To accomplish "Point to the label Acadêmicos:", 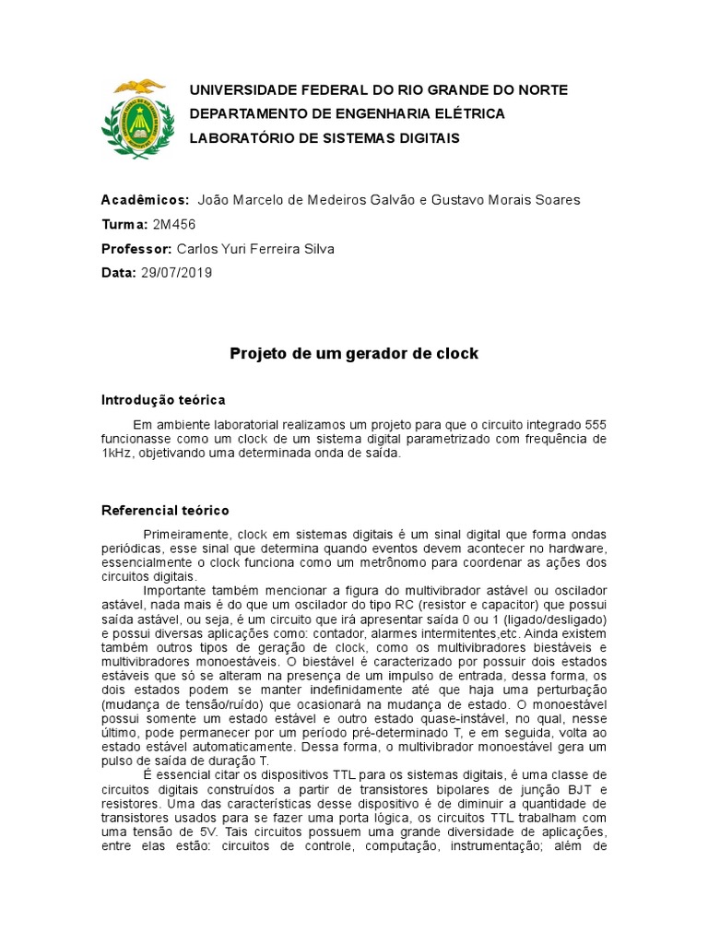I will [x=145, y=200].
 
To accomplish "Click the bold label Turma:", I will [x=124, y=224].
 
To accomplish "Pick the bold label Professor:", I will [x=136, y=249].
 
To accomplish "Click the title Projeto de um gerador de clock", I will [x=354, y=354].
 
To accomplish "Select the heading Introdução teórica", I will [x=162, y=400].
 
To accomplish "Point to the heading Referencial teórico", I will [x=164, y=510].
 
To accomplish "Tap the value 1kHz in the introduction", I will [x=117, y=454].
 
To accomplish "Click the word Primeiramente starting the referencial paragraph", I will [x=187, y=535].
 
